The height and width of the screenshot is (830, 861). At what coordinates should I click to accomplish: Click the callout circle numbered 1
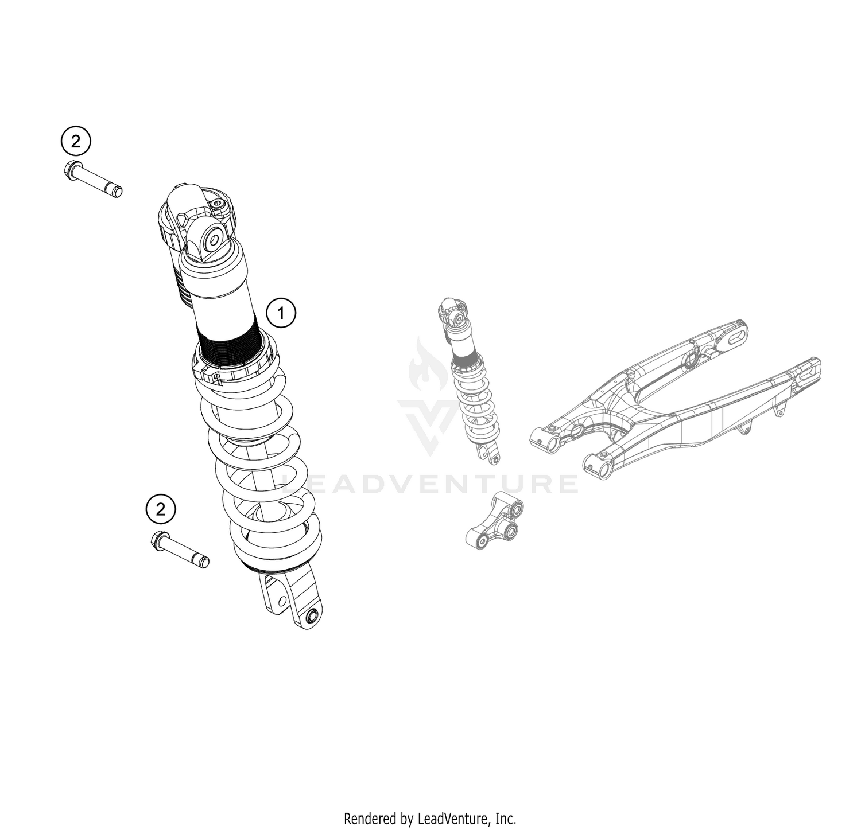281,313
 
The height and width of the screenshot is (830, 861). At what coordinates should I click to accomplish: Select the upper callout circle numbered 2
76,141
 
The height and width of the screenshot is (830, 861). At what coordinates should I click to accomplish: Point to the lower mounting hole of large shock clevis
313,617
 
